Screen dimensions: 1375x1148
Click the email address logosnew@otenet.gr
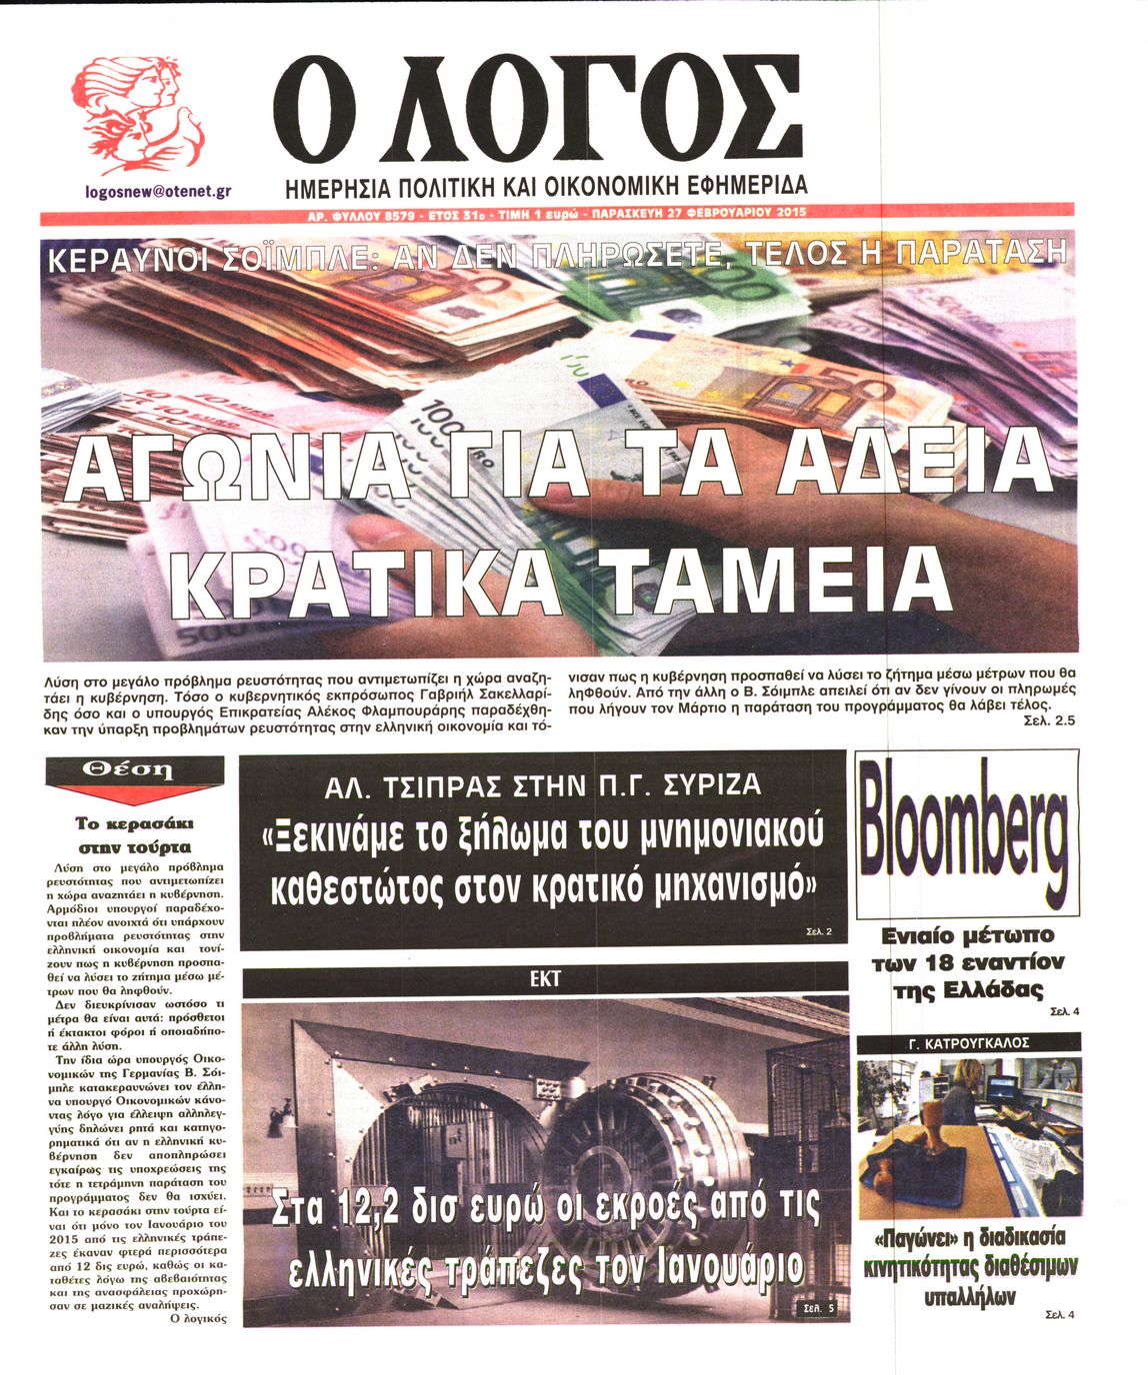159,190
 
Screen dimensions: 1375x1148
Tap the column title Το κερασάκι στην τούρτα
135,834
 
